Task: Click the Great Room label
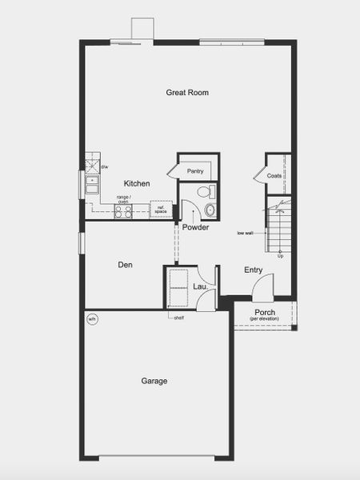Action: click(187, 93)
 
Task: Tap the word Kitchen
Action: click(137, 183)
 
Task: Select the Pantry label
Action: click(195, 171)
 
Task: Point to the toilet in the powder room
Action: click(206, 192)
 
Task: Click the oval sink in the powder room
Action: click(210, 210)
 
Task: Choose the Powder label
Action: click(195, 228)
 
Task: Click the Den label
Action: click(125, 265)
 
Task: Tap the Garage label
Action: click(154, 381)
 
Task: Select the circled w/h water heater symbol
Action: click(92, 319)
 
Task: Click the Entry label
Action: click(254, 270)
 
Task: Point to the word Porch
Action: click(265, 312)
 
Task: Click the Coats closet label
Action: click(274, 175)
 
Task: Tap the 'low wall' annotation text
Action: click(245, 234)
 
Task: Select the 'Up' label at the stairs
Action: click(280, 256)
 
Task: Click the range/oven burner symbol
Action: click(123, 211)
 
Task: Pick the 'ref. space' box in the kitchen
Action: click(161, 210)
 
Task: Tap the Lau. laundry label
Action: click(200, 285)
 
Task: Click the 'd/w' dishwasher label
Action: click(104, 167)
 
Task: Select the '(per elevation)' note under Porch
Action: click(265, 319)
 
